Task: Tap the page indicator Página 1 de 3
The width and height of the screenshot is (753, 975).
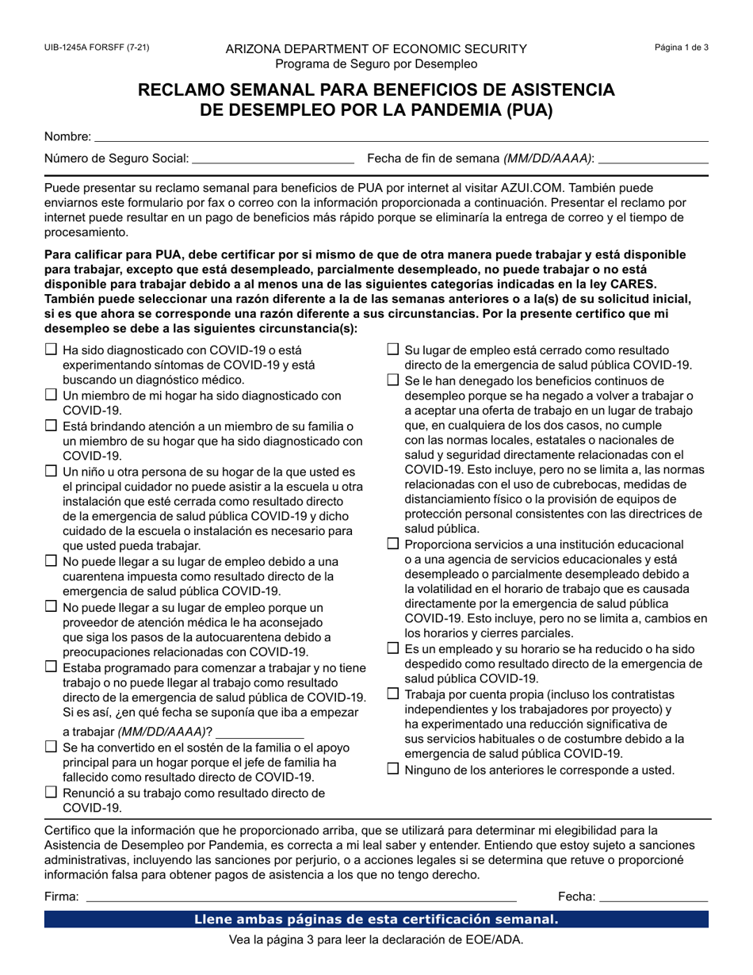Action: (x=681, y=48)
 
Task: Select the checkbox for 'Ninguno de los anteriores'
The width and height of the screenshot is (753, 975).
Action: (x=393, y=768)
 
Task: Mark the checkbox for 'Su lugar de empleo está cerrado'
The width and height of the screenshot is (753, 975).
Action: (x=393, y=349)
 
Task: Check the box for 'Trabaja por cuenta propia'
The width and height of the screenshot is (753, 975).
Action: (x=393, y=694)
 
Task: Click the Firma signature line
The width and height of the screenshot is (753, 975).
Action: (x=300, y=897)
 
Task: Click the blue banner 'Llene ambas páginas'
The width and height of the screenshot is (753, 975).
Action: (x=376, y=920)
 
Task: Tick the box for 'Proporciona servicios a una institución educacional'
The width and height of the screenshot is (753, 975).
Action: (x=393, y=544)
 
